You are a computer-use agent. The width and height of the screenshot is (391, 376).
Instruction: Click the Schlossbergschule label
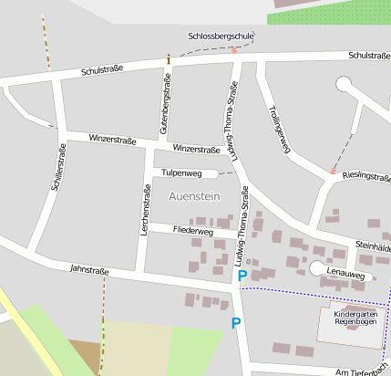[x=220, y=36]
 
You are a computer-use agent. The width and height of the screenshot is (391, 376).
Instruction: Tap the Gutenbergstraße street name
[x=165, y=102]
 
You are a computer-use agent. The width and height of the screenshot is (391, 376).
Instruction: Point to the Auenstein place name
[x=195, y=195]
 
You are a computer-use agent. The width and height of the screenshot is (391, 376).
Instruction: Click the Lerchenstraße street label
[x=146, y=210]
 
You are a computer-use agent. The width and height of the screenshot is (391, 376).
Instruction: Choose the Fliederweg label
[x=192, y=232]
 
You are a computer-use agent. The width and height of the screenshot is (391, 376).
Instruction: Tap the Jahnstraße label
[x=89, y=270]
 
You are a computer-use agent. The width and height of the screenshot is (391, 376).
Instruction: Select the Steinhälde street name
[x=373, y=246]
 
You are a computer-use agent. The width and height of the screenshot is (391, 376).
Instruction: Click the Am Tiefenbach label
[x=362, y=372]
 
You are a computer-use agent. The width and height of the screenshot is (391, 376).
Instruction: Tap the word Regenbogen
[x=355, y=321]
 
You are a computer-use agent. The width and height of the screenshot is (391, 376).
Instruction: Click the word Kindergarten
[x=355, y=312]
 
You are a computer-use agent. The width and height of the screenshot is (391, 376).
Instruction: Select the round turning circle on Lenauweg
[x=316, y=268]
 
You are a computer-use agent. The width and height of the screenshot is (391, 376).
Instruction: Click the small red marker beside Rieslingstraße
[x=334, y=171]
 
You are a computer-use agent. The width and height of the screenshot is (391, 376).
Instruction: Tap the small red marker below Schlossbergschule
[x=233, y=49]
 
